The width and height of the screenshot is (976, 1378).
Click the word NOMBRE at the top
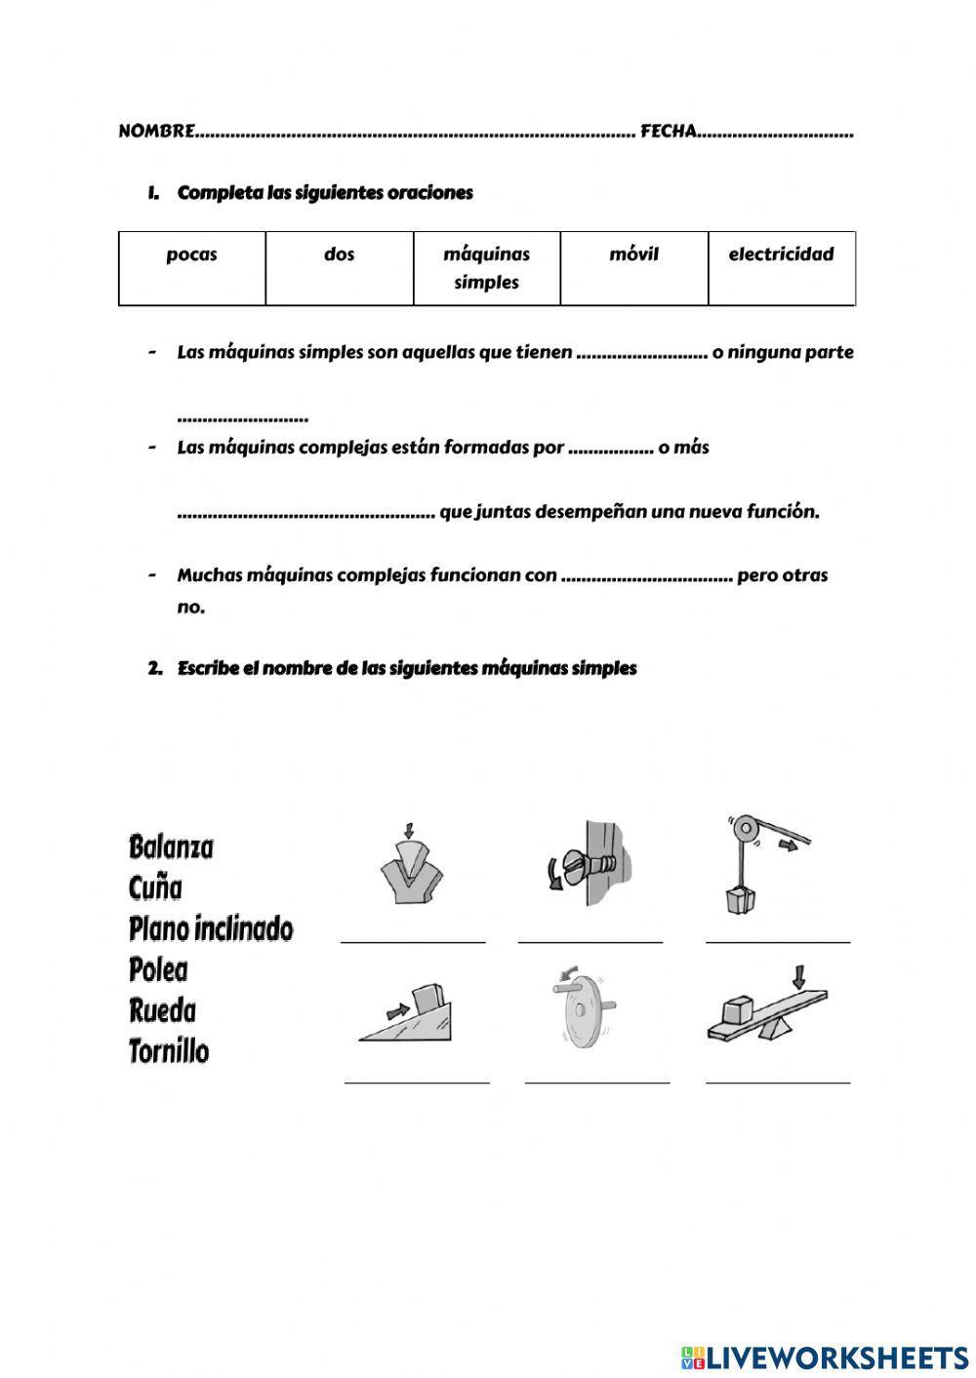point(156,131)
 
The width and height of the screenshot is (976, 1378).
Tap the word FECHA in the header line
point(668,131)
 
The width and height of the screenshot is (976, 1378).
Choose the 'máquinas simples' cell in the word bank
point(486,268)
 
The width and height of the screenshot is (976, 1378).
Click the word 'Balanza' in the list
point(171,846)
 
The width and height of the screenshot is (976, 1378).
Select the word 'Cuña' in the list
point(155,887)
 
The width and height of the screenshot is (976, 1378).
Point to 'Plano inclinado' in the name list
point(211,928)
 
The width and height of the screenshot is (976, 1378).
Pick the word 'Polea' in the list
point(158,969)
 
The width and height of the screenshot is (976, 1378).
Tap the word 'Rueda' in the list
point(162,1010)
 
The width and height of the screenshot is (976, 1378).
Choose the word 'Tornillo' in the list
point(169,1051)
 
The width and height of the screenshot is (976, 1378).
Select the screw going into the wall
point(581,864)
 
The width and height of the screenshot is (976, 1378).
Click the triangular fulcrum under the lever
point(776,1026)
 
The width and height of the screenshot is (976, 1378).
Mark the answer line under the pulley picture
point(778,942)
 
